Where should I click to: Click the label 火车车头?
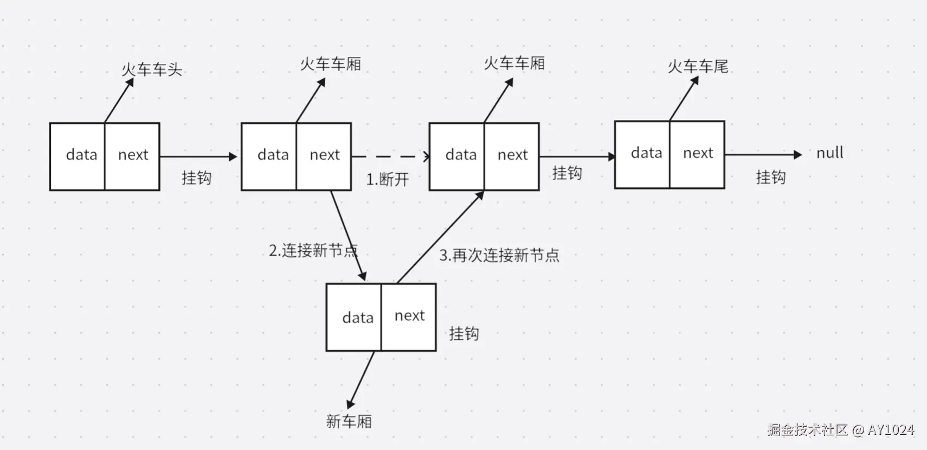(x=152, y=69)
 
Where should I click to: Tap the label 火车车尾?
(x=698, y=66)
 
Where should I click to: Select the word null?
(x=829, y=153)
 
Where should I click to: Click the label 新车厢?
(x=349, y=421)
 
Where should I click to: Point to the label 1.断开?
(x=388, y=179)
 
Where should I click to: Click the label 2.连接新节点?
(x=313, y=250)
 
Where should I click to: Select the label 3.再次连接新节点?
(x=499, y=255)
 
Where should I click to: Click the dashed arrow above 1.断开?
(x=390, y=156)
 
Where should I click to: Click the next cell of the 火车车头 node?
(x=132, y=156)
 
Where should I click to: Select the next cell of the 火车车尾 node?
(x=697, y=154)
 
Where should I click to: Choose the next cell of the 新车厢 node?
(x=409, y=316)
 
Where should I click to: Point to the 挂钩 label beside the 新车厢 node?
(x=463, y=333)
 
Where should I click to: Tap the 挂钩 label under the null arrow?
(x=770, y=177)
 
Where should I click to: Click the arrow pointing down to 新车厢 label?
(x=362, y=379)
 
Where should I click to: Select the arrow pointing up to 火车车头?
(x=119, y=100)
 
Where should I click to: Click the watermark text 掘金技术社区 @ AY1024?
(x=840, y=430)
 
